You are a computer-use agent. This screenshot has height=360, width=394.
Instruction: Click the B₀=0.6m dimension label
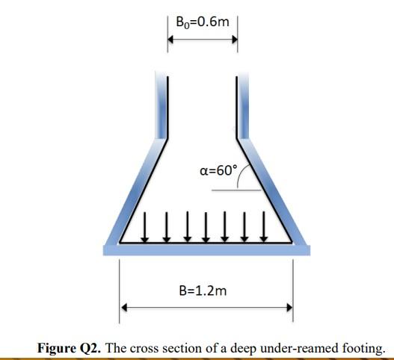pos(201,22)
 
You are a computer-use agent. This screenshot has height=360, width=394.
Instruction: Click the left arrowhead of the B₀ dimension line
pos(170,40)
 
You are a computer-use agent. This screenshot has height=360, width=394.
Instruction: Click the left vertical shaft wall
pos(161,105)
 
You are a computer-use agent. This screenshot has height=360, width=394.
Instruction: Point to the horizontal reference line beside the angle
pos(233,190)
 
